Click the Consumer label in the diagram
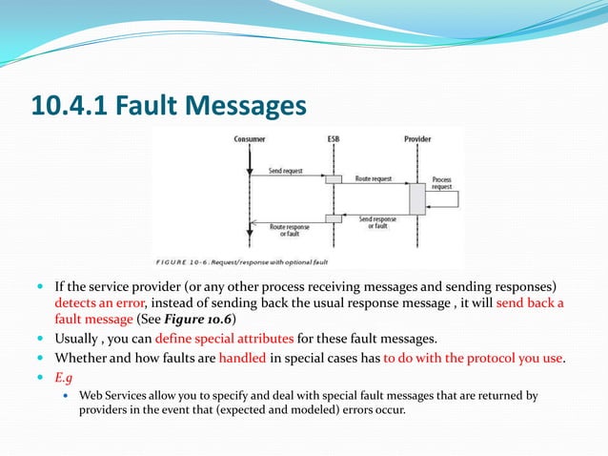249,139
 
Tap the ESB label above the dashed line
334,139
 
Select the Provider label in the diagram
417,139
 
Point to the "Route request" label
373,178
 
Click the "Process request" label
442,183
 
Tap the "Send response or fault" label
378,222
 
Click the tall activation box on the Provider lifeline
416,197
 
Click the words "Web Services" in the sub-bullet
111,394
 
